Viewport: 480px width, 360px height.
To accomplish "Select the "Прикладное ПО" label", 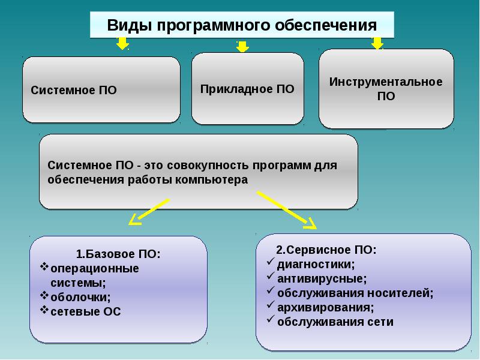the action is click(247, 89).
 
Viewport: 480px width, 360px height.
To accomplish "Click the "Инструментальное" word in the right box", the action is click(386, 82).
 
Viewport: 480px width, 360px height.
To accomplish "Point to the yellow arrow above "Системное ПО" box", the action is click(122, 43).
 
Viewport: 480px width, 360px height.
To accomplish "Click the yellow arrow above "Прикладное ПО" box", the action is click(242, 46).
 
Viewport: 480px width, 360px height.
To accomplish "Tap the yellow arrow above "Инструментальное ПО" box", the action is click(377, 43).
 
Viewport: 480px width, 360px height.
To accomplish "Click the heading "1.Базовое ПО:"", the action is click(118, 253).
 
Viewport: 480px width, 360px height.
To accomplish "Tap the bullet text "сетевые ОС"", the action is click(86, 311).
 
